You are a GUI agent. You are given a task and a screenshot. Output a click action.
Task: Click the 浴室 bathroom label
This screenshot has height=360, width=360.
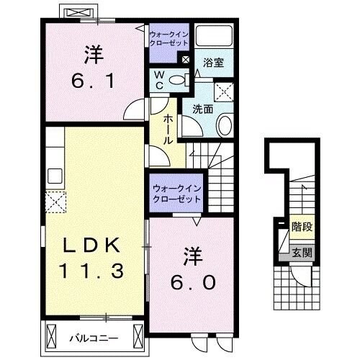pyautogui.click(x=214, y=63)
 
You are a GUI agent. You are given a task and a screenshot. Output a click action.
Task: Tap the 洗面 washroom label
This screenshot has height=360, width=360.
pyautogui.click(x=202, y=109)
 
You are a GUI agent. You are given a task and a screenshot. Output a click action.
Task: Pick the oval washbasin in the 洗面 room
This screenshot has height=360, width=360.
pyautogui.click(x=222, y=125)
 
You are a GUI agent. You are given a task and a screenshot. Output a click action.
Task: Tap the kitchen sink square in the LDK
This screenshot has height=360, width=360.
pyautogui.click(x=55, y=176)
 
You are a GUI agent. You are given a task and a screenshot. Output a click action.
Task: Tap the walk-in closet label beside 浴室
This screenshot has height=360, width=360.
pyautogui.click(x=168, y=38)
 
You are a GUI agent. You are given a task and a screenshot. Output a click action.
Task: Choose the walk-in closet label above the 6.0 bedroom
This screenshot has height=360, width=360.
pyautogui.click(x=176, y=194)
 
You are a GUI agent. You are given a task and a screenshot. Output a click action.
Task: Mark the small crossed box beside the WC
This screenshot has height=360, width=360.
pyautogui.click(x=186, y=60)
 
